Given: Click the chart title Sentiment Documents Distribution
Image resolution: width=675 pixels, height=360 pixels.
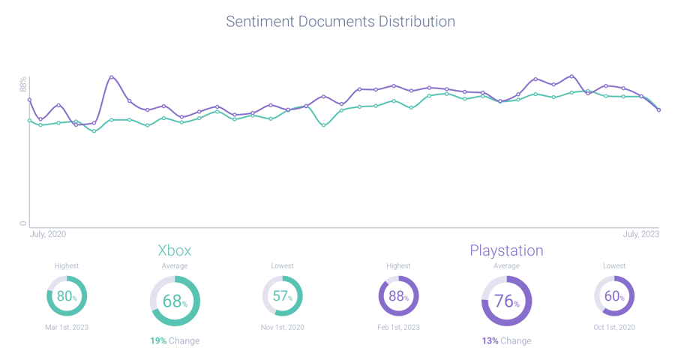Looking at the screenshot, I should (340, 22).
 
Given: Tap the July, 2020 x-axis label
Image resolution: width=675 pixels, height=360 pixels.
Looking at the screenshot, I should (48, 235).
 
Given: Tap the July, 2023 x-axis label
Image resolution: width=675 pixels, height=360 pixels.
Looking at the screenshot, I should (640, 235).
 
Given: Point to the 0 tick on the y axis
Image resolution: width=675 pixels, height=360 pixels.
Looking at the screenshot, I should (23, 223).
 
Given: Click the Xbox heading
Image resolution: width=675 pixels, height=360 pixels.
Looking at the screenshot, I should (179, 250).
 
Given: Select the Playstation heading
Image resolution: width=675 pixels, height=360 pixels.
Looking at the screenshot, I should (506, 250).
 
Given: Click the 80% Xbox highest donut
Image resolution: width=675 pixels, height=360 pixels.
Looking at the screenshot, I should (67, 296).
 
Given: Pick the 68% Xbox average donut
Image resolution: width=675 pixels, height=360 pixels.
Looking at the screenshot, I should (175, 301).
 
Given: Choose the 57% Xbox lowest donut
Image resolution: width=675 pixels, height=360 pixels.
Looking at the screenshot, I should (282, 296).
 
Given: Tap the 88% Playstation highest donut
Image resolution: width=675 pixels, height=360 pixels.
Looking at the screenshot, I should (398, 296).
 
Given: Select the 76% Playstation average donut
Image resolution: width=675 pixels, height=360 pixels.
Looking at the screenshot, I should (506, 301).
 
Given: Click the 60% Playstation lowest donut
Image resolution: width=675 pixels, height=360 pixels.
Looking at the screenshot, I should (614, 296).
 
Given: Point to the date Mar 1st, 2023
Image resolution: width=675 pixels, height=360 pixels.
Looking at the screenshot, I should (67, 326).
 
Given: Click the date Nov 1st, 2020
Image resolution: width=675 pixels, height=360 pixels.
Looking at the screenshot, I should (282, 326).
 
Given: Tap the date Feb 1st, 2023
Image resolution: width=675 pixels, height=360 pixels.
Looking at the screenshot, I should (398, 326).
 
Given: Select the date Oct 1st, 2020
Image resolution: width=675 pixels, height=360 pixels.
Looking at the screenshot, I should (614, 326).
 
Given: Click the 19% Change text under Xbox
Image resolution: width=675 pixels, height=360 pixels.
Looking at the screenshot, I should (175, 340).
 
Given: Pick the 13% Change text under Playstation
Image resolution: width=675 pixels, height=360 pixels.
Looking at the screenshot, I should (506, 340).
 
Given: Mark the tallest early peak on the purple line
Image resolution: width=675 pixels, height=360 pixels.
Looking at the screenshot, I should (112, 77).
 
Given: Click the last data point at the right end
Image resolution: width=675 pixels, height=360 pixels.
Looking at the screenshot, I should (658, 110).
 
